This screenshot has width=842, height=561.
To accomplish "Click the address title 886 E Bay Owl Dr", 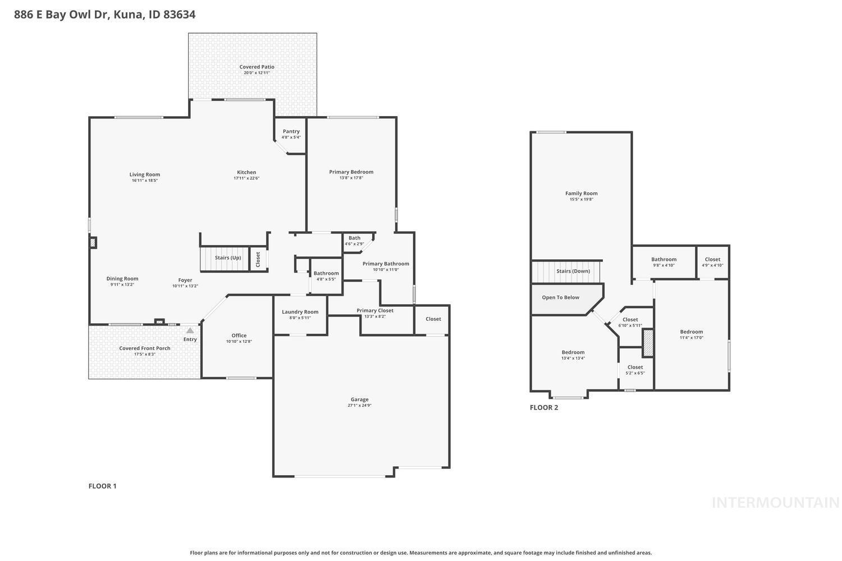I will point(104,15).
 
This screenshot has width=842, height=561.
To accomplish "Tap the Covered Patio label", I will point(257,67).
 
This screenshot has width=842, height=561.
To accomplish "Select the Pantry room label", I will point(291,131).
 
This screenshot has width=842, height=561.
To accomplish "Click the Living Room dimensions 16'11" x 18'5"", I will point(145,181).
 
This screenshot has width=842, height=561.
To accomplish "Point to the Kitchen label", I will point(246,172).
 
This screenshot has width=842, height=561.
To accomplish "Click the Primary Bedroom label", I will point(351,172).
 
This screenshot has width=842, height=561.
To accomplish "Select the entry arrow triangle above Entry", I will point(190,330).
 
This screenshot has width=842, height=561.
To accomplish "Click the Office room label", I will point(239,335).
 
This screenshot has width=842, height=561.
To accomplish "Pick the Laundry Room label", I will point(300,312).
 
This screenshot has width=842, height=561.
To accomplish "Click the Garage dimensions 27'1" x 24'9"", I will point(359,406).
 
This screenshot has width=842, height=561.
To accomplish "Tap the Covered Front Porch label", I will point(144,348).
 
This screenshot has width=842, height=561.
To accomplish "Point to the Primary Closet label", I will point(375,310).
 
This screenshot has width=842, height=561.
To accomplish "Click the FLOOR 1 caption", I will point(102,486).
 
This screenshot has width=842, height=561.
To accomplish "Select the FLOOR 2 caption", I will point(544,407).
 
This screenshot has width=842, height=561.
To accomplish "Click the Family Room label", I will point(581,193).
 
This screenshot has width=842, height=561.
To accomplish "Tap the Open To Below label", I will point(560,297).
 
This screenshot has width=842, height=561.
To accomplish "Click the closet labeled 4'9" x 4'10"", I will point(712,262).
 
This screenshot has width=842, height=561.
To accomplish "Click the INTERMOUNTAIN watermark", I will point(775,503).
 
